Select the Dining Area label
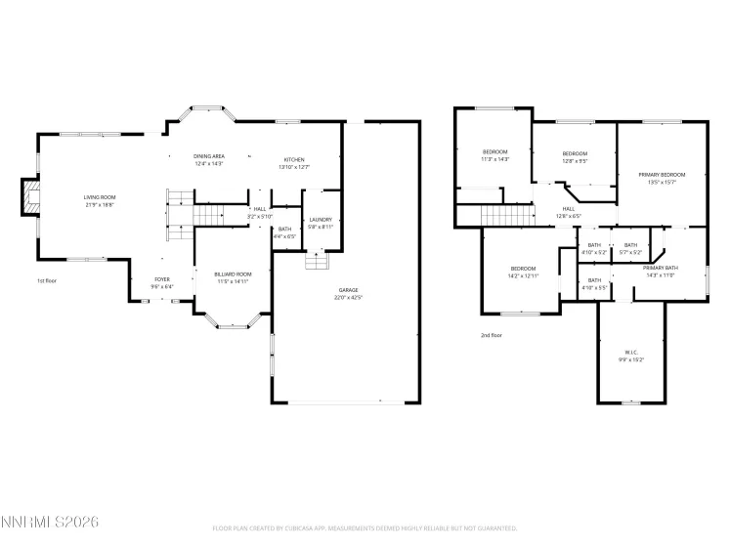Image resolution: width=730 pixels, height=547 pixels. pos(209,156)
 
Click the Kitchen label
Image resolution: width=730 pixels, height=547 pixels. pos(294,159)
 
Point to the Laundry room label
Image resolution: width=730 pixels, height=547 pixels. pos(321,220)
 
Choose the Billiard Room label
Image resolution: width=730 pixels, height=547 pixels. pos(233,274)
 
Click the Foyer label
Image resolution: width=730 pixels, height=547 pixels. pos(162,279)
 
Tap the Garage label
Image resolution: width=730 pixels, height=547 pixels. pos(349,290)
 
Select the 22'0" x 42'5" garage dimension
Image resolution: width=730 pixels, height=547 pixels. pos(349,297)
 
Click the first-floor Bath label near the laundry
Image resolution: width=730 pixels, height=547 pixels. pos(284,229)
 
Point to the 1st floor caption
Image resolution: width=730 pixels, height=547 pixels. pos(48,280)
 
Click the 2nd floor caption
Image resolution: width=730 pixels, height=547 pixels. pos(491,335)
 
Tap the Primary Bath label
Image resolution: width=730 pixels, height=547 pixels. pos(661,268)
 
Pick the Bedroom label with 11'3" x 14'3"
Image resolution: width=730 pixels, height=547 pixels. pos(495,151)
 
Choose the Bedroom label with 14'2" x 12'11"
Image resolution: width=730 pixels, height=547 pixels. pos(523,269)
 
